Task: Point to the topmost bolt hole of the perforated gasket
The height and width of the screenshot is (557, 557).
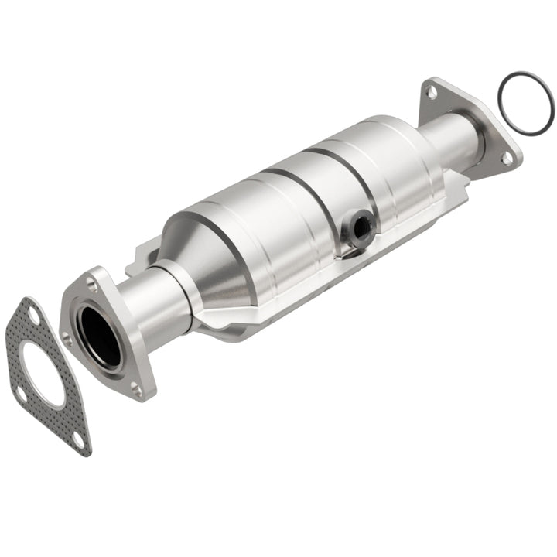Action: [32, 313]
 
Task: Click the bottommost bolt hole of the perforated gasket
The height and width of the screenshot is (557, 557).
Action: [77, 439]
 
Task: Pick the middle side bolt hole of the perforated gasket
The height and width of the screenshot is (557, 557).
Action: [21, 395]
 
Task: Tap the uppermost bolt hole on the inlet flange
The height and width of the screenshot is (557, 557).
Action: [92, 283]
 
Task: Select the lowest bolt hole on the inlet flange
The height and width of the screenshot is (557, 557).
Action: [137, 391]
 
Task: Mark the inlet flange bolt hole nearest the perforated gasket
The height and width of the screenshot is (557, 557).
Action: [67, 338]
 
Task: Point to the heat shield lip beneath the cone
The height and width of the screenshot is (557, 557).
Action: [232, 329]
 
